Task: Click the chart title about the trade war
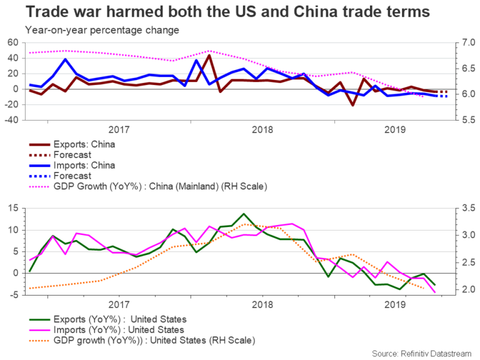[x=219, y=12]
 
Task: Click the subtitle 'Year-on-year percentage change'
[x=102, y=30]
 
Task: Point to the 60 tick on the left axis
[x=12, y=42]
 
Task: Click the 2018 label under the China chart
[x=262, y=130]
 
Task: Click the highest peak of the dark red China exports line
[x=209, y=55]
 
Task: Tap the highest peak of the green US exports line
[x=244, y=214]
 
